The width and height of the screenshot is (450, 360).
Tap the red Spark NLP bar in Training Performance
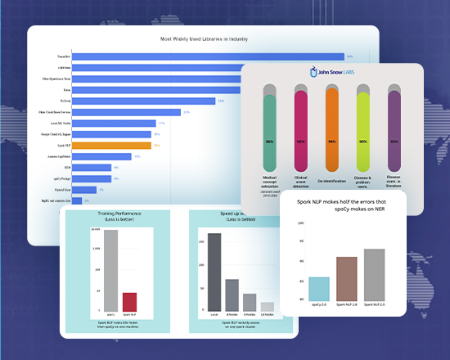(130, 302)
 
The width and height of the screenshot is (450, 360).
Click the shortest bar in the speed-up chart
(267, 307)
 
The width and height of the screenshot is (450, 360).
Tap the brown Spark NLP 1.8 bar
(347, 279)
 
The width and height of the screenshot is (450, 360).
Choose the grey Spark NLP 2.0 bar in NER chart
(375, 275)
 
